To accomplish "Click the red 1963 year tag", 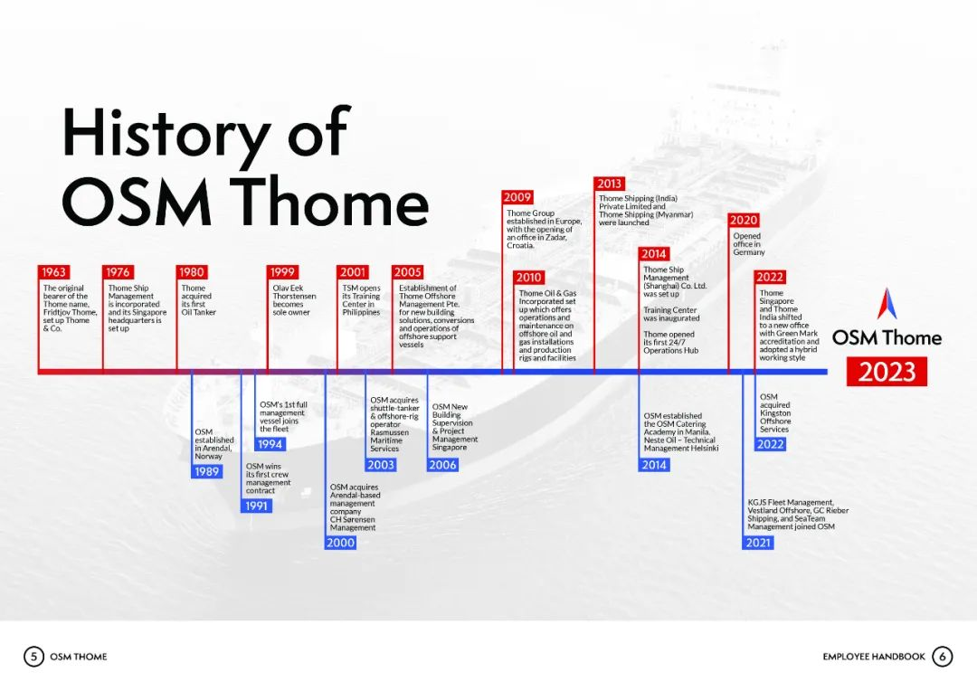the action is click(x=53, y=271).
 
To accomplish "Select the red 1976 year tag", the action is click(x=118, y=271).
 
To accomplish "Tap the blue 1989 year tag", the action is click(x=207, y=471).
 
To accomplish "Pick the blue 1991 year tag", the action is click(x=256, y=506).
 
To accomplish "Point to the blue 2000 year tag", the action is click(x=341, y=542).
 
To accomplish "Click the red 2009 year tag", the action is click(x=517, y=197).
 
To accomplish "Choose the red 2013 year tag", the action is click(x=610, y=184).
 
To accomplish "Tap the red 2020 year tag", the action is click(x=744, y=220).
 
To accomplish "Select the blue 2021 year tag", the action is click(x=758, y=542).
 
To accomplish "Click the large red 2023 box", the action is click(x=887, y=372).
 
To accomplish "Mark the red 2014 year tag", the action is click(x=654, y=253).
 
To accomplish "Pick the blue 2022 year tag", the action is click(x=770, y=444).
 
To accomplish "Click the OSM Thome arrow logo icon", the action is click(x=887, y=304).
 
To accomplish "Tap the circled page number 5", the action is click(x=33, y=656).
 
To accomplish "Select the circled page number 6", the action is click(x=942, y=656).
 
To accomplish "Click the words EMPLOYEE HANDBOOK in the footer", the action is click(x=874, y=657).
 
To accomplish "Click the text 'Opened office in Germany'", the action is click(x=748, y=244).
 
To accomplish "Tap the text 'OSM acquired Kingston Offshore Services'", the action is click(x=775, y=413).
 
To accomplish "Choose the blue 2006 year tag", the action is click(x=443, y=464).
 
